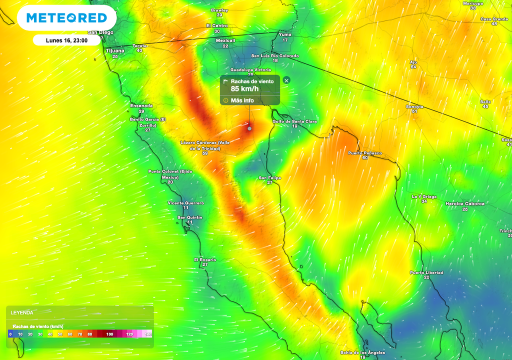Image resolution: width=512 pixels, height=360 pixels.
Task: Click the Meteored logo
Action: point(66,18)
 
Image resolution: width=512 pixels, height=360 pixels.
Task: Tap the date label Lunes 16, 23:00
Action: point(67,40)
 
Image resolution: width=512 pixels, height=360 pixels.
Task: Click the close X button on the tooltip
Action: point(286,80)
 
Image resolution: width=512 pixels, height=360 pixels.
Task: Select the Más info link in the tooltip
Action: point(242,100)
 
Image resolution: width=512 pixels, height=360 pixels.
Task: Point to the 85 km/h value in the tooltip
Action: point(244,89)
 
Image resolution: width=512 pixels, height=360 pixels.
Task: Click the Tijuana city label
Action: point(115,51)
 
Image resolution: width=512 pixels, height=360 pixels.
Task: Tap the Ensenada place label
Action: point(141,106)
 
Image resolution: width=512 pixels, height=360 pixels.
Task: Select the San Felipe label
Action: point(269,178)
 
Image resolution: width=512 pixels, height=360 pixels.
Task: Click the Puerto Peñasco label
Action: point(364,153)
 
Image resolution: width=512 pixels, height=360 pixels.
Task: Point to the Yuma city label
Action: point(285,34)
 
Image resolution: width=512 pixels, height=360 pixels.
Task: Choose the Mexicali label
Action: point(225,40)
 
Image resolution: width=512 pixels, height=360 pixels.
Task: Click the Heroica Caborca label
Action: point(465,203)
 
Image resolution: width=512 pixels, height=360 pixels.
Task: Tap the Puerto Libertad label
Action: point(426,272)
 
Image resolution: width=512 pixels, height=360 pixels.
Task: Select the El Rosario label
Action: point(205,260)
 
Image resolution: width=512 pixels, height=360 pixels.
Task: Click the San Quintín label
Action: point(190,217)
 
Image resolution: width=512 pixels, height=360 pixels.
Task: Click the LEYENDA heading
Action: point(22,312)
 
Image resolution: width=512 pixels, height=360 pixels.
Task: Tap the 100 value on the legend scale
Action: point(109,334)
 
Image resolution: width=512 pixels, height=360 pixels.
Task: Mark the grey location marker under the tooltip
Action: point(249,128)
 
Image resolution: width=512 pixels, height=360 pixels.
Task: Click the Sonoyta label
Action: point(414,106)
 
